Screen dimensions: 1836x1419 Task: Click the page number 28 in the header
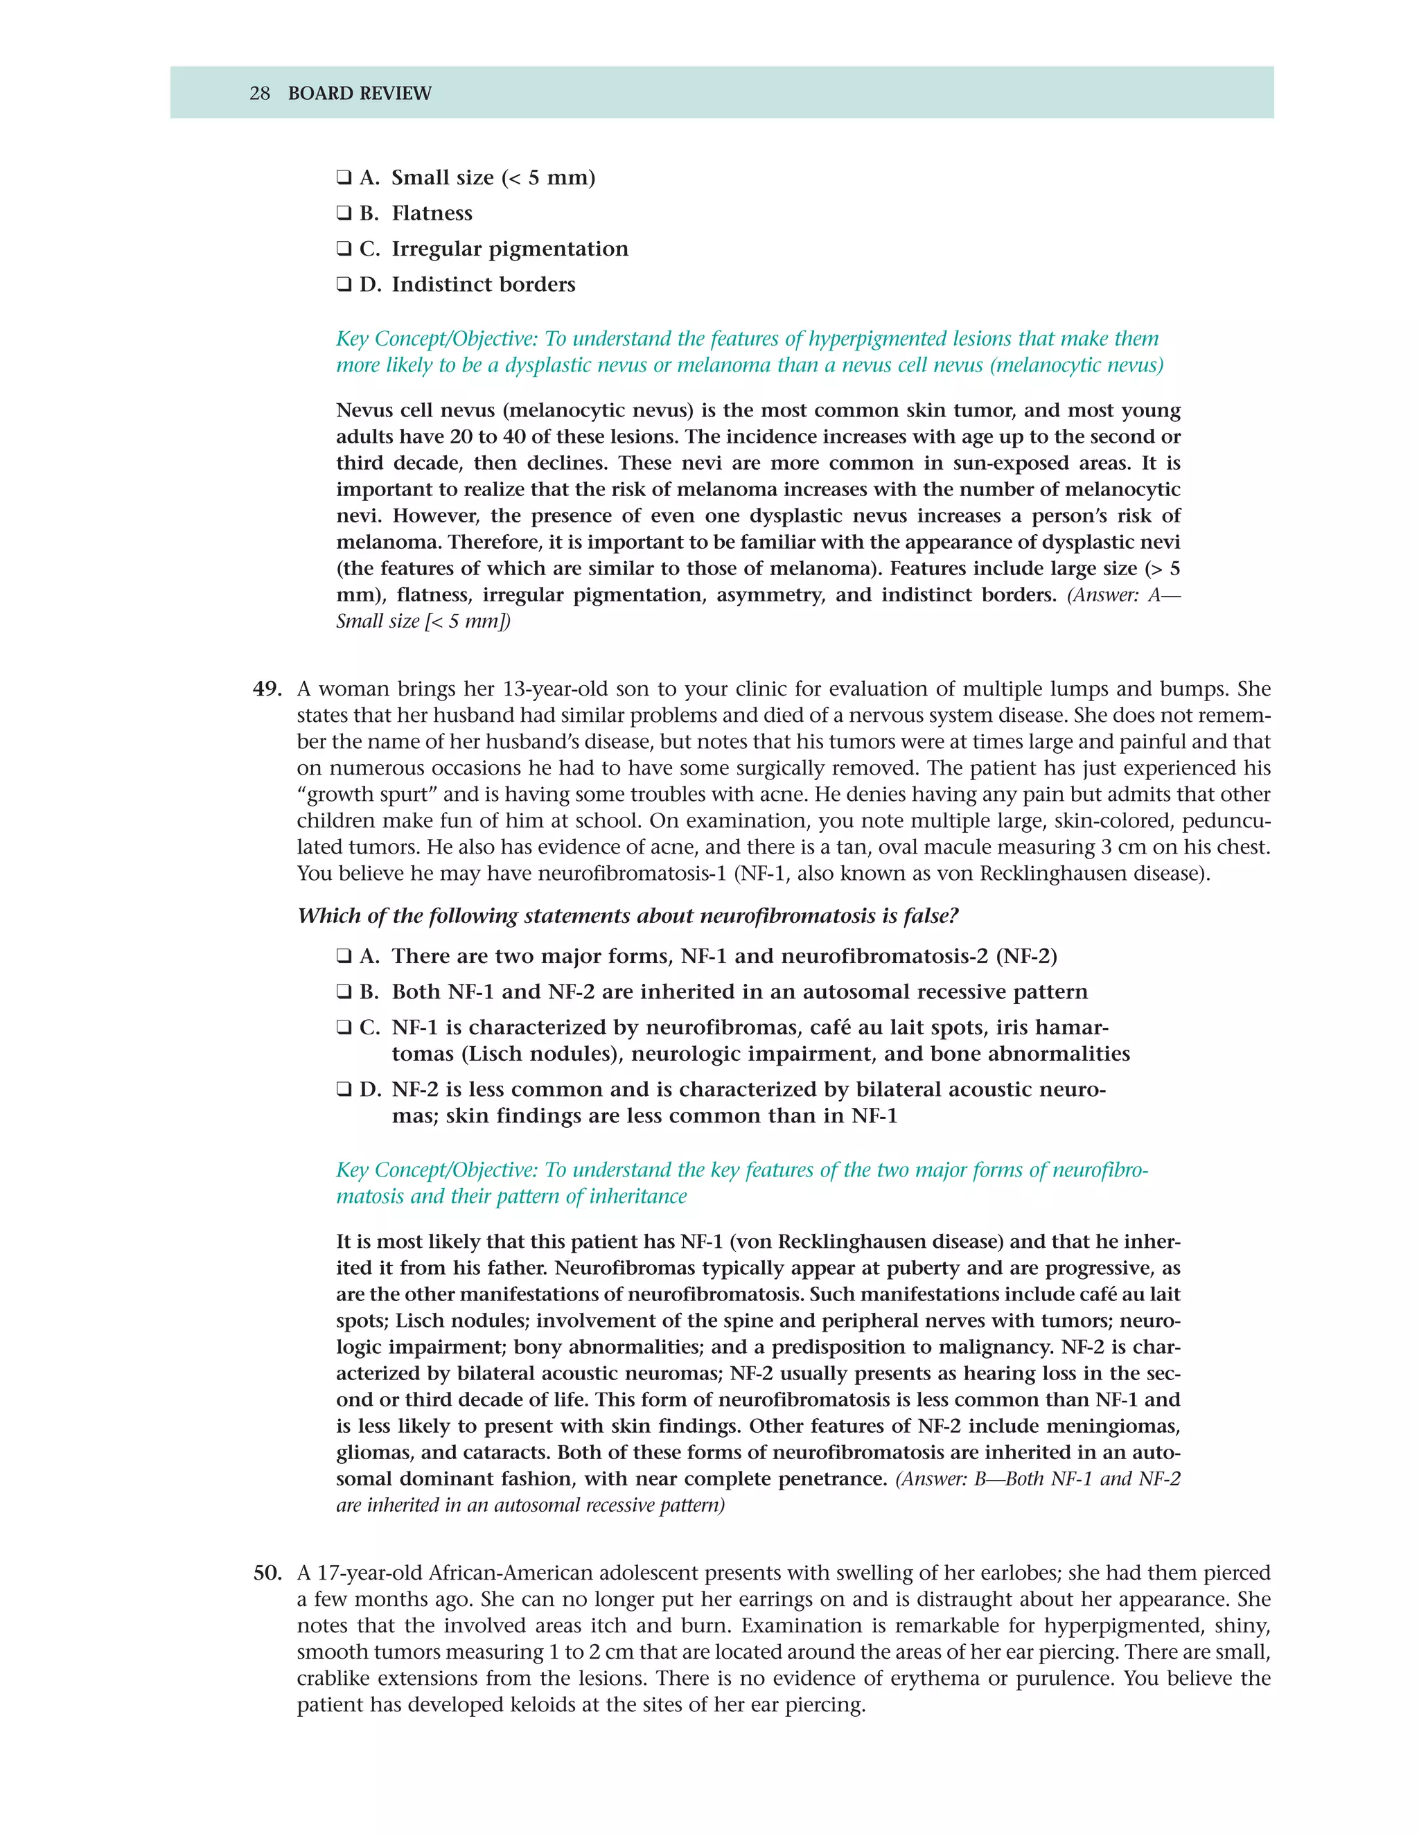coord(260,94)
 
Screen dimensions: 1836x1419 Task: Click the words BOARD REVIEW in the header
coord(359,94)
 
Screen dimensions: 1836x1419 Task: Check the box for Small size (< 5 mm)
coord(344,178)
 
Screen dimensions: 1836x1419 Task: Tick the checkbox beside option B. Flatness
coord(344,213)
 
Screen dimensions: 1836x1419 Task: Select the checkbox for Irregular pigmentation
coord(344,249)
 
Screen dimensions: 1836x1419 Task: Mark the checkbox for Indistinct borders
coord(344,284)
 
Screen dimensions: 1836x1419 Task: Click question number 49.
coord(267,689)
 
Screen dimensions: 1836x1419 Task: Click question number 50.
coord(267,1573)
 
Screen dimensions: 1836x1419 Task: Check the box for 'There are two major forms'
coord(344,957)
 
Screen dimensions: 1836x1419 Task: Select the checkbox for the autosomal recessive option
coord(344,992)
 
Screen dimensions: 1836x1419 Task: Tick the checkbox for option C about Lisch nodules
coord(344,1027)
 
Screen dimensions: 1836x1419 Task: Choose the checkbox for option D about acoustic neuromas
coord(344,1090)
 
